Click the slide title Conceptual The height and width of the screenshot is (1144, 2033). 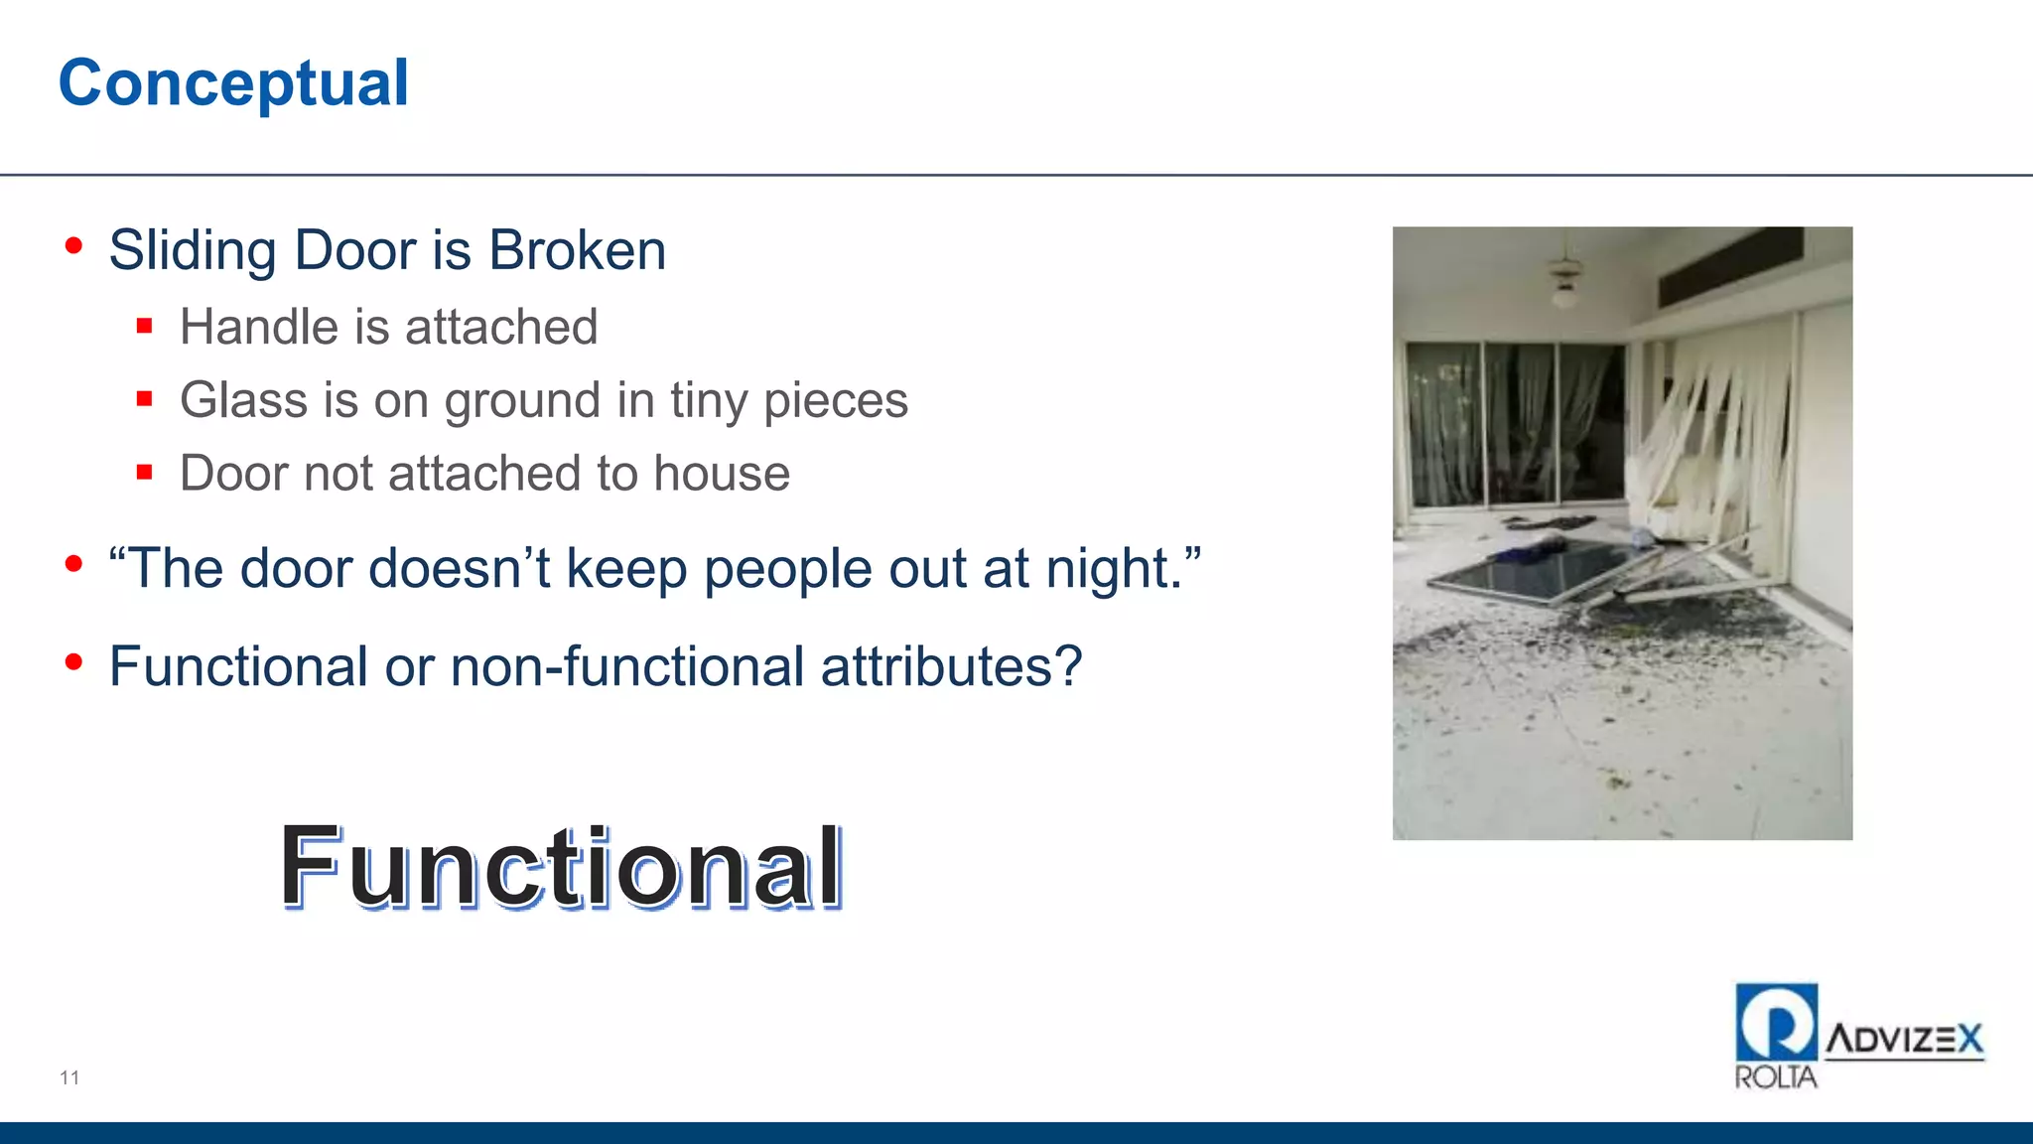coord(233,83)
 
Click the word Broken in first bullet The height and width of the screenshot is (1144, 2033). coord(577,250)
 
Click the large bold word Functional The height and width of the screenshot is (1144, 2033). coord(562,867)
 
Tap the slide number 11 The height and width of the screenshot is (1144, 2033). coord(69,1077)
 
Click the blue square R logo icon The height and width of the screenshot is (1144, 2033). coord(1776,1022)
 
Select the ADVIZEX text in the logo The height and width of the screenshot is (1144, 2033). coord(1904,1040)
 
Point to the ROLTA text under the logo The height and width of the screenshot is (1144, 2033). coord(1775,1077)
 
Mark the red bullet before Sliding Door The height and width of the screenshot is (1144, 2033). coord(73,246)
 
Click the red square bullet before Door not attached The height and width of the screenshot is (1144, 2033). coord(145,473)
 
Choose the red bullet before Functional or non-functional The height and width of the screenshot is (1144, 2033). coord(73,662)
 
